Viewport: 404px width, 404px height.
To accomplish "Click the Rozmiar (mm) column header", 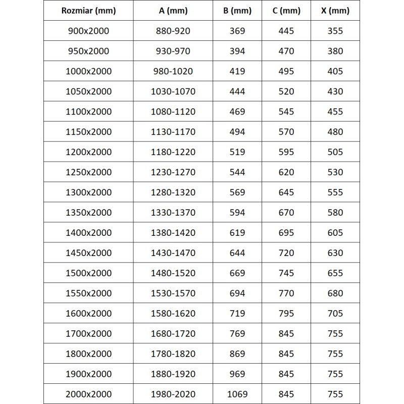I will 88,11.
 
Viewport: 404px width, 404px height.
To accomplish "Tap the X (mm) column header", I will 335,11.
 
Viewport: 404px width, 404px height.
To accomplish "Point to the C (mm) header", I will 286,11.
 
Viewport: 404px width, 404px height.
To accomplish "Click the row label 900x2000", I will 88,31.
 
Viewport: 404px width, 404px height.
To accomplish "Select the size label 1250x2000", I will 88,172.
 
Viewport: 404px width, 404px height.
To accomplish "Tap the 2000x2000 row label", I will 88,394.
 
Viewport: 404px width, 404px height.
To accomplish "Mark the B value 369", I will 237,31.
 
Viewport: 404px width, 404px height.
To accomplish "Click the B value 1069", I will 237,394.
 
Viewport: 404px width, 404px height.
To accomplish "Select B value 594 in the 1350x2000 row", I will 237,213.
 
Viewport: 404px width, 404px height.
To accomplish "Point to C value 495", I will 286,71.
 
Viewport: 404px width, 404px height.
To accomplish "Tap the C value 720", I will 286,253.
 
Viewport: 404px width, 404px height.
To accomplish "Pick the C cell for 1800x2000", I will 286,353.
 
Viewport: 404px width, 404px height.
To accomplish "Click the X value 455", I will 335,112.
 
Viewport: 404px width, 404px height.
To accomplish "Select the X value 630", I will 335,253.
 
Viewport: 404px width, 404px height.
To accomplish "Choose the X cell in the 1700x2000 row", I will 335,333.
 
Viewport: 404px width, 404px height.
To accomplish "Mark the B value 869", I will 237,353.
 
